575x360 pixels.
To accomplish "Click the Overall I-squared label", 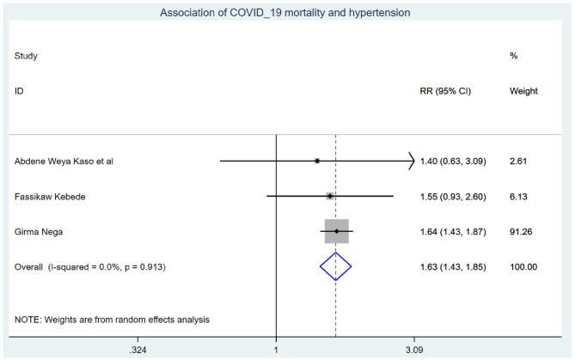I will pos(90,267).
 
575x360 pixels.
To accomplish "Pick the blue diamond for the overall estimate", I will pos(336,267).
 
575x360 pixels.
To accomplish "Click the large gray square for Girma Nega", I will pos(337,231).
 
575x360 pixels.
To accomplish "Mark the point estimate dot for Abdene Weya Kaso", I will pos(317,161).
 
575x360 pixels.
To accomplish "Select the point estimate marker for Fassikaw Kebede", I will pos(329,196).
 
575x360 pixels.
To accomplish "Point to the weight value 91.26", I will pos(523,232).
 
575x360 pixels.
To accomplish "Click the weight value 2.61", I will pos(519,161).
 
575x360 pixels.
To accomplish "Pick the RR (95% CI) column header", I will pos(451,90).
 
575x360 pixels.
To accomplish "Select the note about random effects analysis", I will pos(112,320).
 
